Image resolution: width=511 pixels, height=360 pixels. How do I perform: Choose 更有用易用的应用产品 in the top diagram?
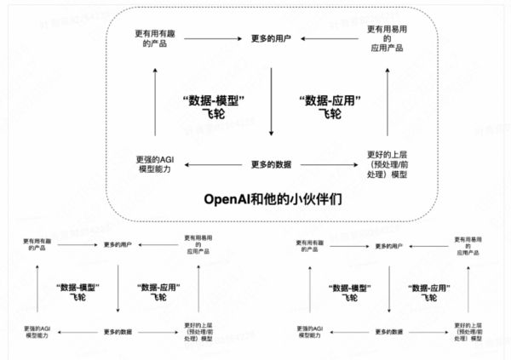[x=386, y=38]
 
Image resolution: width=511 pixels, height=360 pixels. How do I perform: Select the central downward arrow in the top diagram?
[x=271, y=102]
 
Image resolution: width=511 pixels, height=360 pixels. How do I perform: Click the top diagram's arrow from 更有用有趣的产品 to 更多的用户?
[x=210, y=38]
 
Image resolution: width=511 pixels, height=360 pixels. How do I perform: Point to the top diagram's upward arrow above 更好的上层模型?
[x=388, y=102]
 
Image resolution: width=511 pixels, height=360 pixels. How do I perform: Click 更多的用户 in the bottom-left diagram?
[x=118, y=246]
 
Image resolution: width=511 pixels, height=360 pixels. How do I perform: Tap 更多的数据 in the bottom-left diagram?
[x=118, y=330]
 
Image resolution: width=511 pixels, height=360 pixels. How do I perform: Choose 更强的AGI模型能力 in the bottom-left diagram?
[x=33, y=331]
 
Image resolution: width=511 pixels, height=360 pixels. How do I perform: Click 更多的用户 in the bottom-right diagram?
[x=389, y=246]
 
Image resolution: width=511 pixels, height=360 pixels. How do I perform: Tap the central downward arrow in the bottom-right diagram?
[x=389, y=289]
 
